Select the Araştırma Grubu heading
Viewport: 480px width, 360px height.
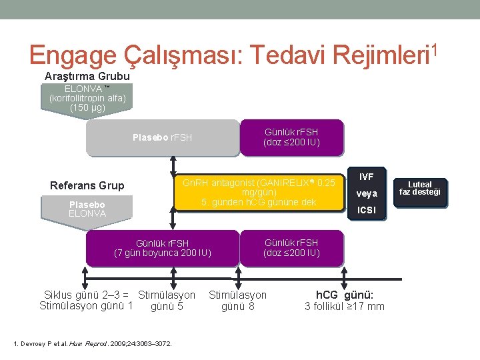[x=87, y=77]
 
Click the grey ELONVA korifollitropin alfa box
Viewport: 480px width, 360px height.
[x=87, y=99]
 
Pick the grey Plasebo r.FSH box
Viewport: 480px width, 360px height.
[x=163, y=137]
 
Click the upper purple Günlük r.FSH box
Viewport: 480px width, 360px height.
[x=291, y=137]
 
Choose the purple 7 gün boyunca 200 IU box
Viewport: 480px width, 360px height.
[x=163, y=247]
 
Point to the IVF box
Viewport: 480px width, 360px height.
[x=366, y=177]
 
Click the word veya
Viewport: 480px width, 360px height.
[x=366, y=193]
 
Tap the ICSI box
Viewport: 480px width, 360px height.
[x=366, y=211]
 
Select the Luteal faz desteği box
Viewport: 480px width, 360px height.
[x=420, y=188]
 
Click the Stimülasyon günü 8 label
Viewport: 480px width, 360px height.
[x=237, y=301]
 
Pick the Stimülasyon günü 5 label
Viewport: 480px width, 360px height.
[x=167, y=301]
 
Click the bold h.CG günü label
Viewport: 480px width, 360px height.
[x=344, y=295]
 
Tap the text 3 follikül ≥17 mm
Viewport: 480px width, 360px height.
[x=344, y=307]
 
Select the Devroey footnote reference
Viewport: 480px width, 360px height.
[x=93, y=343]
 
